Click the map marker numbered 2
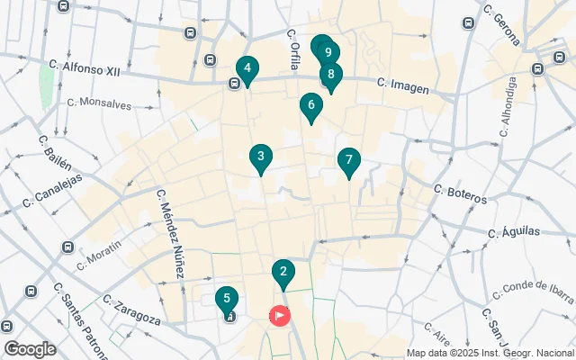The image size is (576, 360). click(283, 272)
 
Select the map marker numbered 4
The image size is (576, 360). click(246, 68)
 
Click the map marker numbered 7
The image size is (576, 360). click(348, 161)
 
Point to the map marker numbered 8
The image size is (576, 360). click(331, 76)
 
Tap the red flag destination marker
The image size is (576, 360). click(281, 316)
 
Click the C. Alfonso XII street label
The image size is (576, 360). click(86, 65)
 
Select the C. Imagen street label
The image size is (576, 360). click(402, 86)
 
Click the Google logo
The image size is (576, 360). click(29, 348)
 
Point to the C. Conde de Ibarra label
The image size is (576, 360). click(534, 290)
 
